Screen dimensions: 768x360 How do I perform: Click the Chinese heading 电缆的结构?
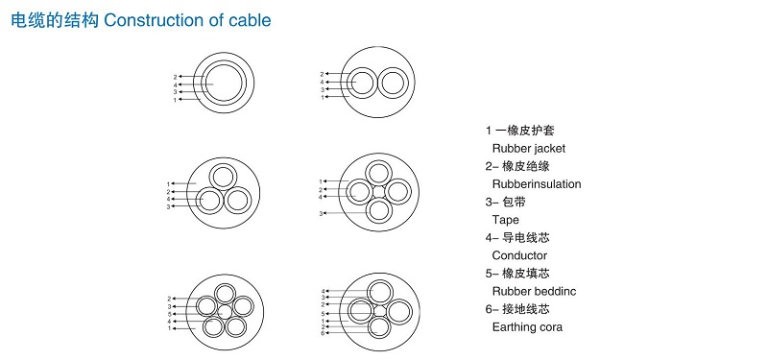[x=55, y=20]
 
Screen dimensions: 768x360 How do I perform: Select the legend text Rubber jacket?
[x=529, y=149]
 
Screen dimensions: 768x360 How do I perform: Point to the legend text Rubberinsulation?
[x=537, y=184]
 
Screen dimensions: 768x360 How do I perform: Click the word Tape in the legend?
[x=506, y=220]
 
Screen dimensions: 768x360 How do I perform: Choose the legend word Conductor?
[x=519, y=255]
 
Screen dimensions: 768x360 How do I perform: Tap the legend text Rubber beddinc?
[x=534, y=291]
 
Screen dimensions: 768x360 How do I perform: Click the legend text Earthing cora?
[x=527, y=326]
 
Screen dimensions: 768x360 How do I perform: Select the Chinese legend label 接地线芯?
[x=525, y=309]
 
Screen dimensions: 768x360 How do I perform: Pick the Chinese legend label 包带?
[x=514, y=202]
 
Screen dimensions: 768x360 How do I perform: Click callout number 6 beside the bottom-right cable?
[x=323, y=333]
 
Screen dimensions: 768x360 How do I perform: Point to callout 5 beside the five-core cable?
[x=169, y=314]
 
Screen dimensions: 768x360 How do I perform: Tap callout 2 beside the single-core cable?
[x=175, y=77]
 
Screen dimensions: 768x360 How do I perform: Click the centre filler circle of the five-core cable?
[x=225, y=312]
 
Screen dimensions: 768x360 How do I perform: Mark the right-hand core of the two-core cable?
[x=393, y=83]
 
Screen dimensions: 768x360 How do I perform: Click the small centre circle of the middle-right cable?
[x=378, y=191]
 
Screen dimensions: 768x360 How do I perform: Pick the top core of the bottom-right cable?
[x=379, y=292]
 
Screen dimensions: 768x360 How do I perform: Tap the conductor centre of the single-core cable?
[x=224, y=83]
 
